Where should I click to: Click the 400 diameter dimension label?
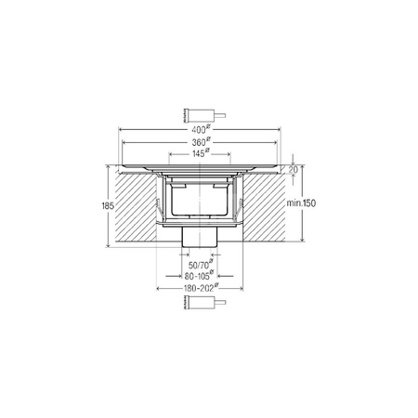tap(199, 129)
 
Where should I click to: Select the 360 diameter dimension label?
tap(199, 142)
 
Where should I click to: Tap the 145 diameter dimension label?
tap(199, 153)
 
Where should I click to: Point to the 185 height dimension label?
tap(108, 205)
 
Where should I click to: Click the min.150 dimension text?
tap(301, 203)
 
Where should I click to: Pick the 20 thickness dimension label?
tap(294, 170)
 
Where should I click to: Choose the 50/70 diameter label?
tap(201, 265)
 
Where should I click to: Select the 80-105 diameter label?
tap(199, 276)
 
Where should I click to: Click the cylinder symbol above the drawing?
tap(204, 115)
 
